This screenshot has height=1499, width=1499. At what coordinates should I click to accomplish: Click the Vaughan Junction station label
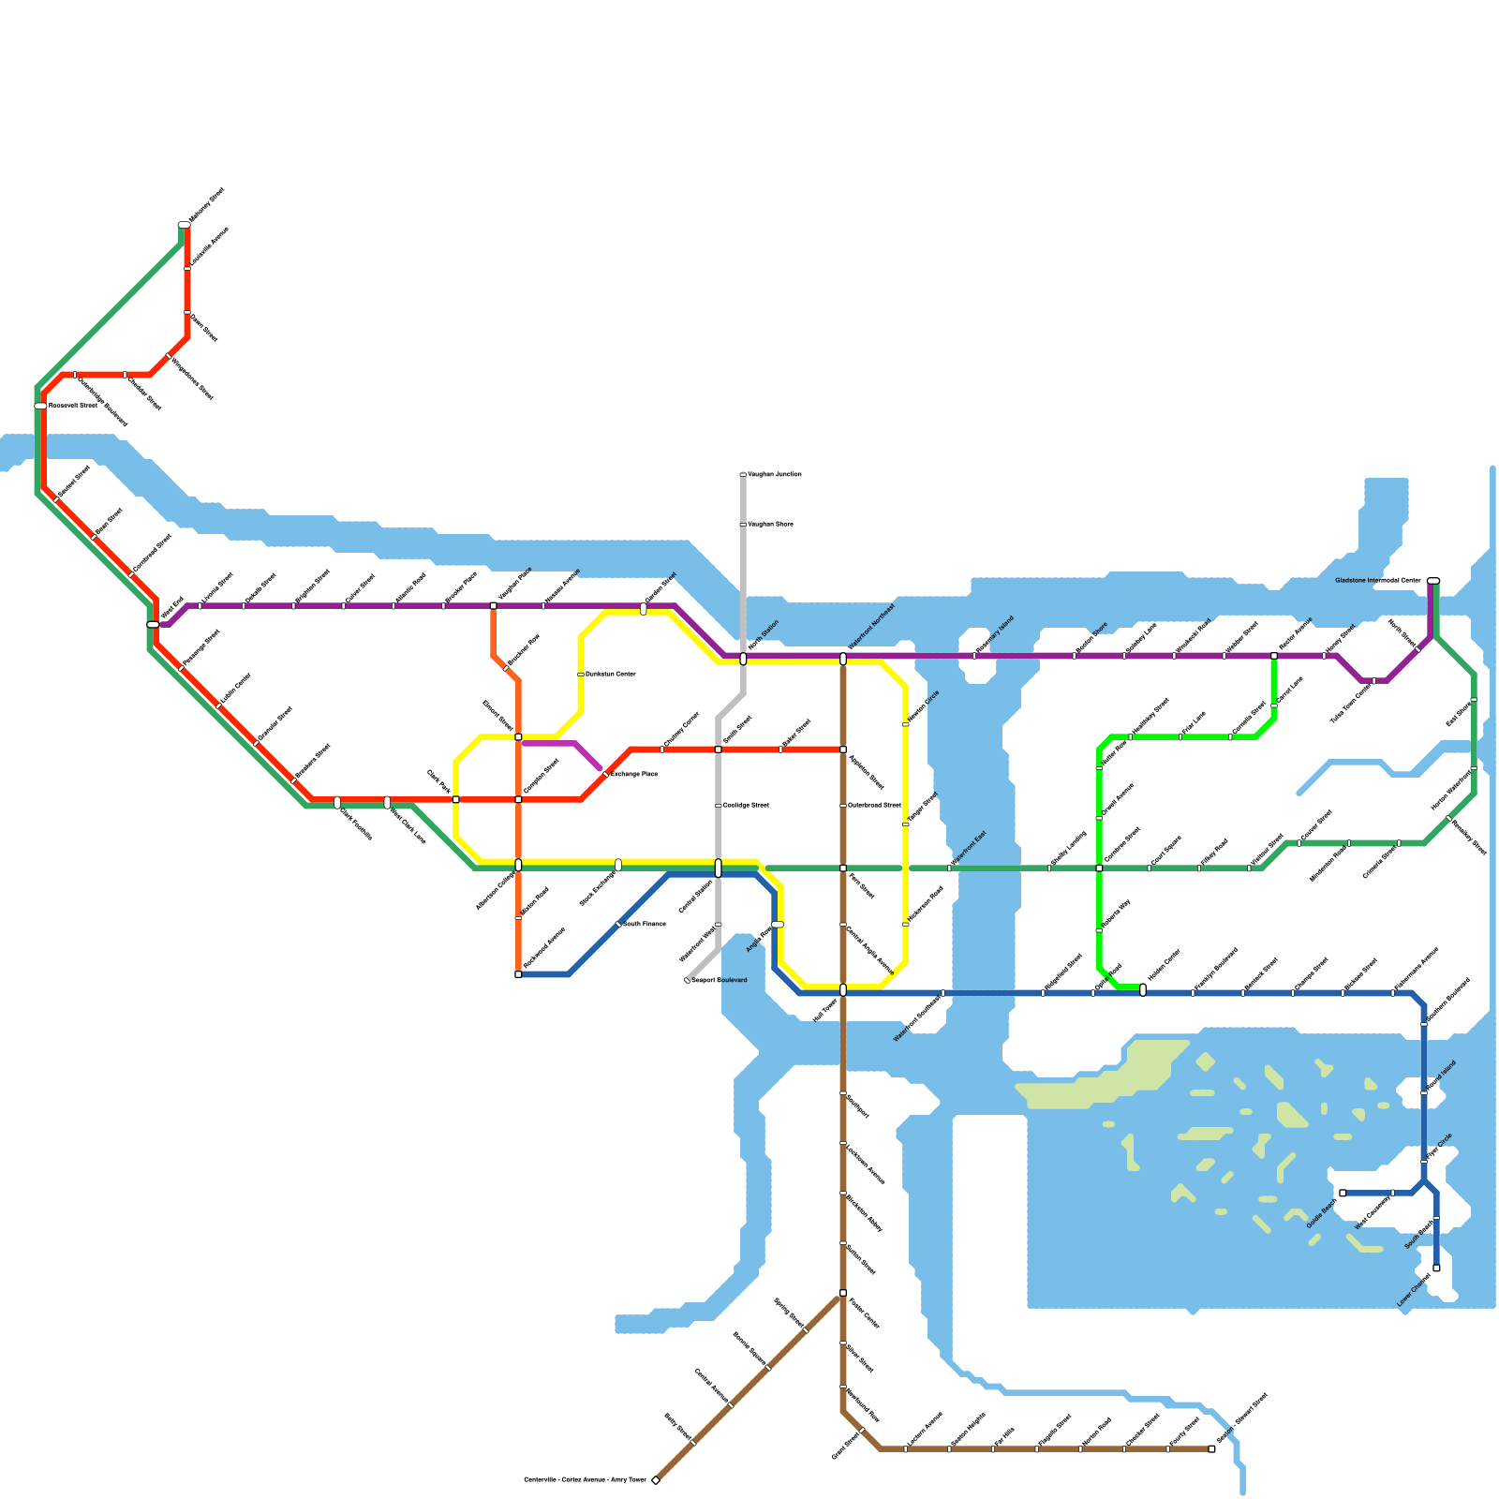click(x=775, y=475)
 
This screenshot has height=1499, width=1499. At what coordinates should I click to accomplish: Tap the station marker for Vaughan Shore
click(x=743, y=525)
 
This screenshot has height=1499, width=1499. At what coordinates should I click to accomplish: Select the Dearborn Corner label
click(x=611, y=675)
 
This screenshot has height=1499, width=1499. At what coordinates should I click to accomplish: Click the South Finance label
click(x=645, y=925)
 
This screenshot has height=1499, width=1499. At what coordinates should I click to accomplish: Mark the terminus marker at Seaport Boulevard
click(x=688, y=980)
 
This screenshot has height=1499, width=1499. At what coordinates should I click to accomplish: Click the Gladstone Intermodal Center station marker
click(x=1432, y=581)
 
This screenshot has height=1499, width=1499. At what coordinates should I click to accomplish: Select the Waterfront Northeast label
click(x=871, y=627)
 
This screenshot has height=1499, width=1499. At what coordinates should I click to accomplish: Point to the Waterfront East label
click(x=969, y=849)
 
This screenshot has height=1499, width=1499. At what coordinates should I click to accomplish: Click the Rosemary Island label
click(x=995, y=635)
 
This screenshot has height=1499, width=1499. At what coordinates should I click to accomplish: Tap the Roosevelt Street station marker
click(x=41, y=406)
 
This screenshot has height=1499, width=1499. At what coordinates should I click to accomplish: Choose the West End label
click(x=171, y=608)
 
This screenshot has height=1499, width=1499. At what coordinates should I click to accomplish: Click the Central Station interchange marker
click(x=719, y=868)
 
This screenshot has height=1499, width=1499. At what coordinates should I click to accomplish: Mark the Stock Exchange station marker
click(x=618, y=865)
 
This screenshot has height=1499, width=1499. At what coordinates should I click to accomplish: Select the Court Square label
click(x=1165, y=849)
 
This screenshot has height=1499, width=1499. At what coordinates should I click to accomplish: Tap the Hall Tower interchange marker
click(x=843, y=990)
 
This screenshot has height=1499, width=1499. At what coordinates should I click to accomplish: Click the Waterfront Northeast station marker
click(x=843, y=660)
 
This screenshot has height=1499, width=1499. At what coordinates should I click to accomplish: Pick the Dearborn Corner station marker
click(x=581, y=675)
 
